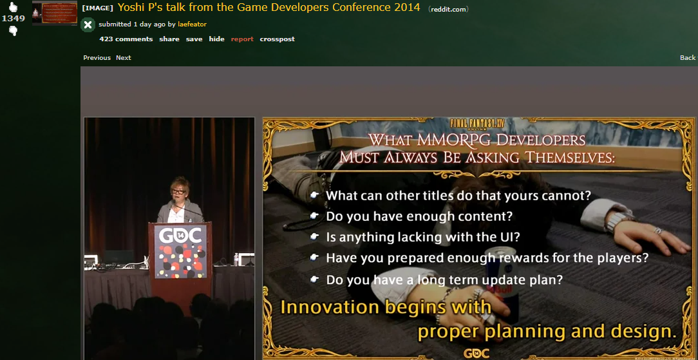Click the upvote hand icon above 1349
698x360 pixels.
tap(14, 6)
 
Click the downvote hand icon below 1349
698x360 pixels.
tap(14, 30)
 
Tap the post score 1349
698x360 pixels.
tap(14, 18)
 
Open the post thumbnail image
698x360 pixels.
tap(55, 14)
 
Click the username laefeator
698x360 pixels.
tap(192, 24)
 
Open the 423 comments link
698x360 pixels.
tap(126, 39)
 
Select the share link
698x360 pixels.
tap(169, 39)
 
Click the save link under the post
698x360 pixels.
tap(194, 39)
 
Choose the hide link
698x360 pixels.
tap(217, 39)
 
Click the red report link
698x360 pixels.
tap(242, 39)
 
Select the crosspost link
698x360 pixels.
tap(278, 39)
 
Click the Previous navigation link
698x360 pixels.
tap(97, 58)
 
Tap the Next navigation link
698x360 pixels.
tap(123, 58)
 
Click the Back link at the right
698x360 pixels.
tap(688, 58)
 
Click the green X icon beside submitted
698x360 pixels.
tap(88, 24)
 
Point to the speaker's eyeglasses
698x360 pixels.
tap(178, 191)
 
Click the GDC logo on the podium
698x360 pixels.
tap(180, 236)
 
